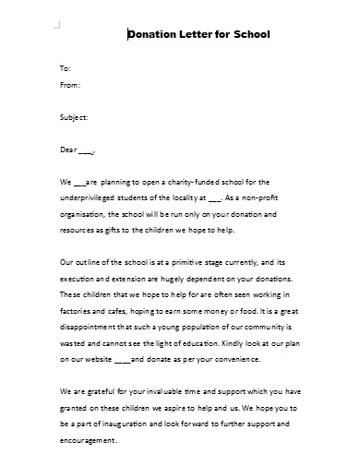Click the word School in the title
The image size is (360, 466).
pos(250,35)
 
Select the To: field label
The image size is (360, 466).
pos(64,69)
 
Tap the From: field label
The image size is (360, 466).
pos(69,85)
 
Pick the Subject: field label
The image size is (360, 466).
pos(73,117)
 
